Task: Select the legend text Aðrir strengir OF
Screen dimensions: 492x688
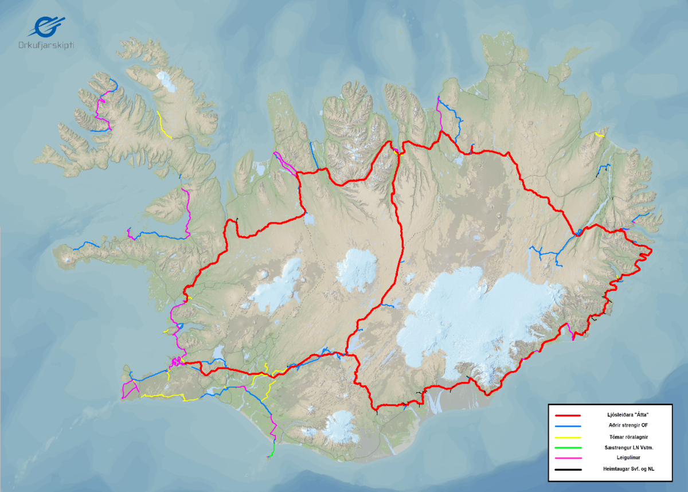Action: (630, 425)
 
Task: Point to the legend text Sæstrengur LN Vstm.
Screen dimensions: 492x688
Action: (630, 447)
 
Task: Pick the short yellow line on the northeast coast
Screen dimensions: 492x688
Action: (600, 134)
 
